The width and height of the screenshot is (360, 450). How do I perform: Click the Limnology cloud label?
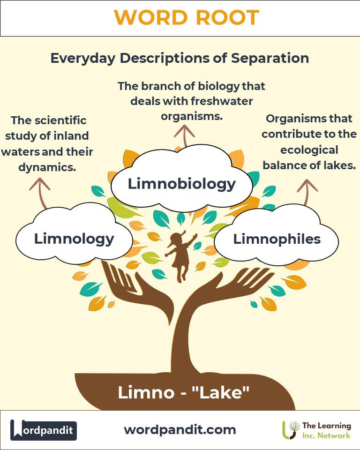click(x=74, y=239)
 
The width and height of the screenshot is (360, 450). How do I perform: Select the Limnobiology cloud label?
click(x=182, y=184)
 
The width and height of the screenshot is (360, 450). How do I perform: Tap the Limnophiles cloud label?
click(x=277, y=239)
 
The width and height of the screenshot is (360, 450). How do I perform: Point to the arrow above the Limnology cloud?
click(x=41, y=192)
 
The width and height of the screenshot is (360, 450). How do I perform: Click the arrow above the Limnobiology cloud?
click(x=185, y=135)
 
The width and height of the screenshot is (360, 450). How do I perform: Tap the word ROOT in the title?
click(x=227, y=17)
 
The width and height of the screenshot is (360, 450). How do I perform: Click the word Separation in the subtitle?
click(x=270, y=58)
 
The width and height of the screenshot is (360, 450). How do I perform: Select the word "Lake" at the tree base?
click(x=220, y=392)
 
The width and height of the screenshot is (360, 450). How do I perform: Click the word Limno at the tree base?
click(x=146, y=392)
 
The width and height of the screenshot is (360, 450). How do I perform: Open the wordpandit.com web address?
click(x=180, y=430)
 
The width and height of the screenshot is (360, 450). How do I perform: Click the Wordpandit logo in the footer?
click(x=44, y=430)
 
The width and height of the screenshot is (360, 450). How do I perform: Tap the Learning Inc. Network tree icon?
click(x=291, y=430)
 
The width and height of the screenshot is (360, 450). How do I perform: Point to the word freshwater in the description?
click(x=222, y=101)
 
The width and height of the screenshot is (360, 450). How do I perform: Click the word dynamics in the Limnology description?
click(x=47, y=167)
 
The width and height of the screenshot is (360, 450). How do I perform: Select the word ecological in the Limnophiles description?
click(x=309, y=150)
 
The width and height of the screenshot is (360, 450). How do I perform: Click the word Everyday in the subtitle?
click(x=83, y=59)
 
